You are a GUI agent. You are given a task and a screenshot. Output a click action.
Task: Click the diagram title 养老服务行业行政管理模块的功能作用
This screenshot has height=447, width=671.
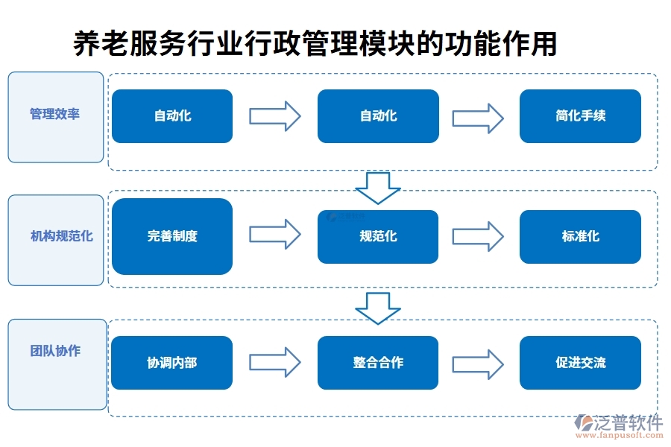click(x=315, y=43)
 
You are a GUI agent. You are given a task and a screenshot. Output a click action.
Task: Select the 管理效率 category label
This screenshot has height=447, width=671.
click(x=55, y=114)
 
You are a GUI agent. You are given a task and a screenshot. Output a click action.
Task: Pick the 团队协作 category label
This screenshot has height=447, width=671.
click(x=55, y=350)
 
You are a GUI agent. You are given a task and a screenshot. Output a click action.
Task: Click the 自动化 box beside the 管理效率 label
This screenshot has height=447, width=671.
click(x=172, y=116)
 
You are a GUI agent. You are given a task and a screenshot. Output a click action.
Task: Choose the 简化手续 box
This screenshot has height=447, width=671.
click(x=580, y=116)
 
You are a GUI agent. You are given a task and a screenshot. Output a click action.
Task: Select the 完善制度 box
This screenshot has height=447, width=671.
click(x=172, y=236)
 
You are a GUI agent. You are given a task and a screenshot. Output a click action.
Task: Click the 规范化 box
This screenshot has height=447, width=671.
click(x=378, y=236)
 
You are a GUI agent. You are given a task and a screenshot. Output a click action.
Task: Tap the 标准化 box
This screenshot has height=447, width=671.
click(x=580, y=236)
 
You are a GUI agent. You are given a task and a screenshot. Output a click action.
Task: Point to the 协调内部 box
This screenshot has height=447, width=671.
click(x=172, y=363)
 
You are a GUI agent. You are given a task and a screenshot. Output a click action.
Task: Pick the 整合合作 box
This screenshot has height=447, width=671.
click(x=378, y=363)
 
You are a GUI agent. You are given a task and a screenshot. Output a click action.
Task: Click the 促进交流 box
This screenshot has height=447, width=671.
click(x=580, y=363)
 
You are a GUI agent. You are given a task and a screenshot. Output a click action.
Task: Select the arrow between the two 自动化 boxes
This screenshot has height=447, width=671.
click(x=274, y=116)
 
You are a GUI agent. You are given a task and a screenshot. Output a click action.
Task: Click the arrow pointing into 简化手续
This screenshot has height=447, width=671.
click(x=478, y=116)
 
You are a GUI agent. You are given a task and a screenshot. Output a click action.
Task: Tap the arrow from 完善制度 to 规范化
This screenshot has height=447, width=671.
click(x=274, y=235)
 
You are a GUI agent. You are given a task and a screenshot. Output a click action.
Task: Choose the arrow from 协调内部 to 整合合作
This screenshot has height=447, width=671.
click(x=274, y=362)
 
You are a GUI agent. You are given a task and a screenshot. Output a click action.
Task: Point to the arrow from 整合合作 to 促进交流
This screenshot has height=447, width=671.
click(x=478, y=363)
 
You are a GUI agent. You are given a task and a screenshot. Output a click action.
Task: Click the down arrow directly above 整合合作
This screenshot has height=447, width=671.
click(x=378, y=308)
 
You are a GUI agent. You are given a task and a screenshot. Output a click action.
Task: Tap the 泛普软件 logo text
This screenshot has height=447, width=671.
click(x=628, y=424)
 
